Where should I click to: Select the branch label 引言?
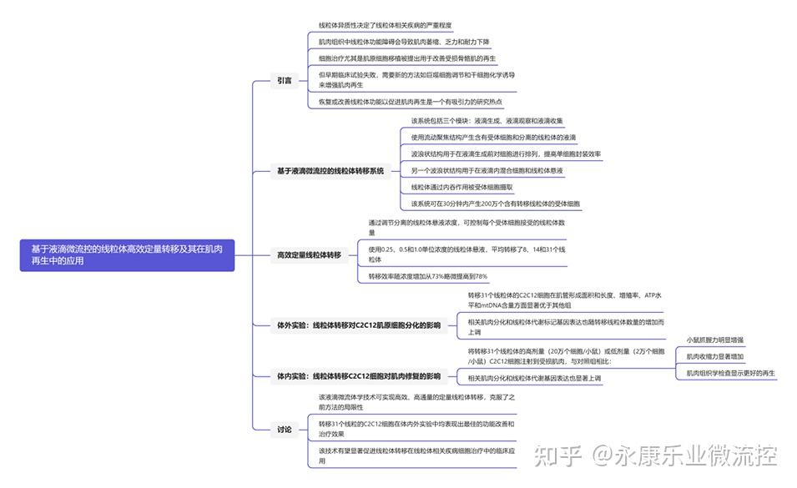pos(285,81)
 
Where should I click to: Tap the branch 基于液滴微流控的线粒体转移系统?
pos(330,171)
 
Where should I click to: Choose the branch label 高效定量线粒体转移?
pos(309,254)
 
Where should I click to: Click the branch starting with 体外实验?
pos(359,325)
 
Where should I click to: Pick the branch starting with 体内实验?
pos(359,376)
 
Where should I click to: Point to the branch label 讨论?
pos(285,430)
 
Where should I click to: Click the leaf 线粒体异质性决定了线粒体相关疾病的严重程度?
pos(385,26)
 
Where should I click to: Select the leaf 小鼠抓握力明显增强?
pos(715,340)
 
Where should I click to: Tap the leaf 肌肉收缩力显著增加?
pos(715,356)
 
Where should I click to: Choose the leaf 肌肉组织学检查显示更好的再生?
pos(731,373)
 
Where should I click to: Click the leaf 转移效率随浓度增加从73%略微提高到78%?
pos(427,276)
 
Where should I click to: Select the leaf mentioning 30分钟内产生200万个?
pos(496,204)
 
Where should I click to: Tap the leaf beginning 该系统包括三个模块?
pos(487,121)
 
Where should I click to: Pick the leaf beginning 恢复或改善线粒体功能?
pos(408,102)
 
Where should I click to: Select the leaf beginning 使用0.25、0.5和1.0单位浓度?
pos(467,254)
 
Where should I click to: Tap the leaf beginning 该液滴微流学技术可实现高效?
pos(417,402)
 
